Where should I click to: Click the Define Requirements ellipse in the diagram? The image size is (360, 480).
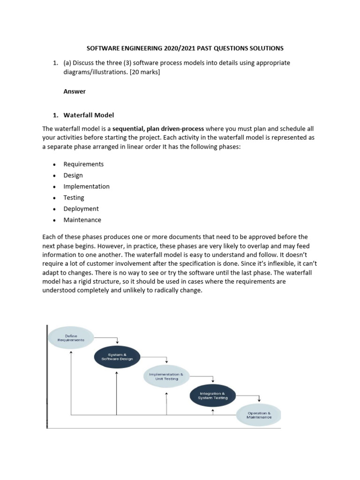71,337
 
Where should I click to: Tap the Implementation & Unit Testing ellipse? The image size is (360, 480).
166,376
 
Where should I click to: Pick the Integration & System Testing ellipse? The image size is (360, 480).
213,395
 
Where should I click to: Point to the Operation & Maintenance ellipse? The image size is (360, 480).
259,415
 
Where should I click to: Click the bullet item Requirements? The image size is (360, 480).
83,164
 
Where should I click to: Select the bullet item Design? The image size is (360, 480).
73,175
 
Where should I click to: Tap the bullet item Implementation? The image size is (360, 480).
86,187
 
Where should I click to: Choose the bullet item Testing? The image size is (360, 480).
74,198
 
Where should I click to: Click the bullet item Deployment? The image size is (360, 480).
81,209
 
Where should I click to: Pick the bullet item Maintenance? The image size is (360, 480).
82,220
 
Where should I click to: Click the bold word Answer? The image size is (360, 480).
75,91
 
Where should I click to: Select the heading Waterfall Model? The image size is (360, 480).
89,115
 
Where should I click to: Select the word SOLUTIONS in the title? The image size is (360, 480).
267,48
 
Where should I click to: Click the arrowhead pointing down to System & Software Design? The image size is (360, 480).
117,342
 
